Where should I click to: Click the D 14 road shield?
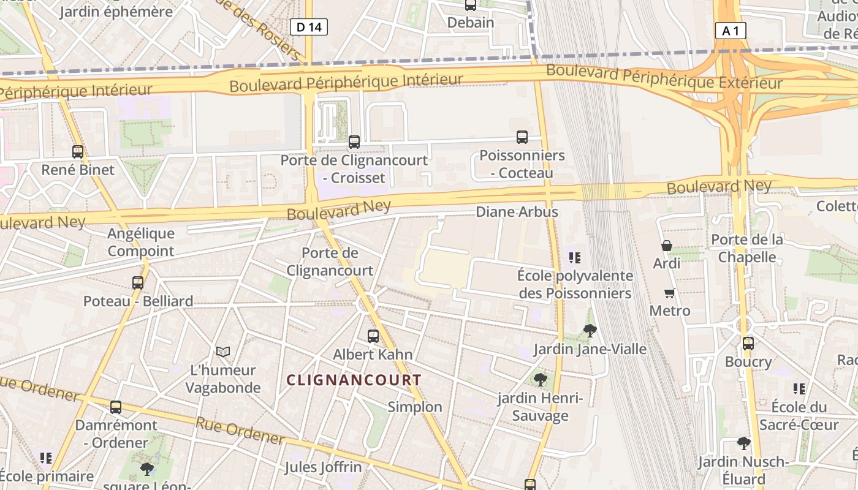coord(309,27)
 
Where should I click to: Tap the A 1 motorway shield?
coord(731,31)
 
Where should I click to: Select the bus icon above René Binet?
coord(78,152)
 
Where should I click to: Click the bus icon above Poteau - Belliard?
coord(138,283)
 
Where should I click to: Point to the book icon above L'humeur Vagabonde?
coord(223,352)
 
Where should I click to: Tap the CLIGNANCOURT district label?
coord(354,380)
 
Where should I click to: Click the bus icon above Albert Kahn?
coord(373,336)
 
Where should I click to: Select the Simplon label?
coord(415,407)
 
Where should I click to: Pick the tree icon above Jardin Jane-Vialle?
coord(590,331)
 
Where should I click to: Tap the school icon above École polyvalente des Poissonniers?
coord(575,258)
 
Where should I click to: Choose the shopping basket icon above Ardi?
coord(667,246)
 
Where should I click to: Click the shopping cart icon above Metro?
coord(670,293)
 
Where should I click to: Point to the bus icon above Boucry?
coord(748,344)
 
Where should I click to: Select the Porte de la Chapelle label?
coord(747,248)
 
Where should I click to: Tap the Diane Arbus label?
coord(517,212)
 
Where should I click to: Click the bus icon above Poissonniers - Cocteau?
coord(522,137)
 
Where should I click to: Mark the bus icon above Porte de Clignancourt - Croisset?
coord(354,142)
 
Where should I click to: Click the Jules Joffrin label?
coord(323,467)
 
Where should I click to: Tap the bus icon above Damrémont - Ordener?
coord(116,407)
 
